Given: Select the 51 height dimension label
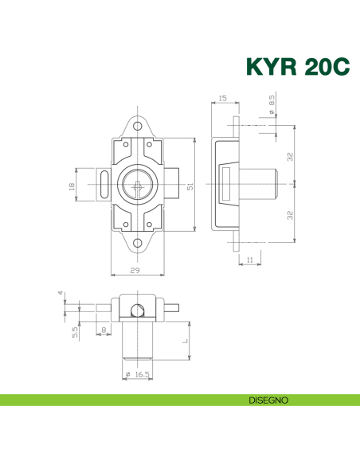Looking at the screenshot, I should (189, 186).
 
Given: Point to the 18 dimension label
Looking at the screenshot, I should (71, 186).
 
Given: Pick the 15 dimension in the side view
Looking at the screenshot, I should (221, 100).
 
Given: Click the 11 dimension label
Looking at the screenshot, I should (251, 260).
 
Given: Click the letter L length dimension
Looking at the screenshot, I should (185, 341).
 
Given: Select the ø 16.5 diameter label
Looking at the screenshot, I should (137, 373).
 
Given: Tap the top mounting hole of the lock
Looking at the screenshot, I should (137, 127).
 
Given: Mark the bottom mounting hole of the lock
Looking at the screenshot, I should (137, 244).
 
